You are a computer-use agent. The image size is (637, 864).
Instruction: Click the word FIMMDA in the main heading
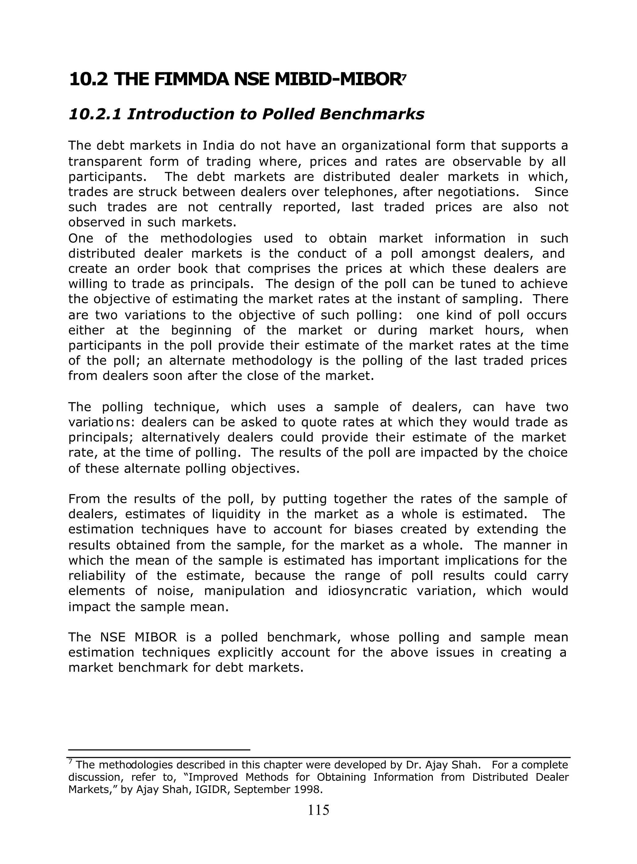191,80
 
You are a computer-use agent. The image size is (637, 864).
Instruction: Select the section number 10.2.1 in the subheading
95,114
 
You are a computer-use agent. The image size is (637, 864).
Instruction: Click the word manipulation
244,591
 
